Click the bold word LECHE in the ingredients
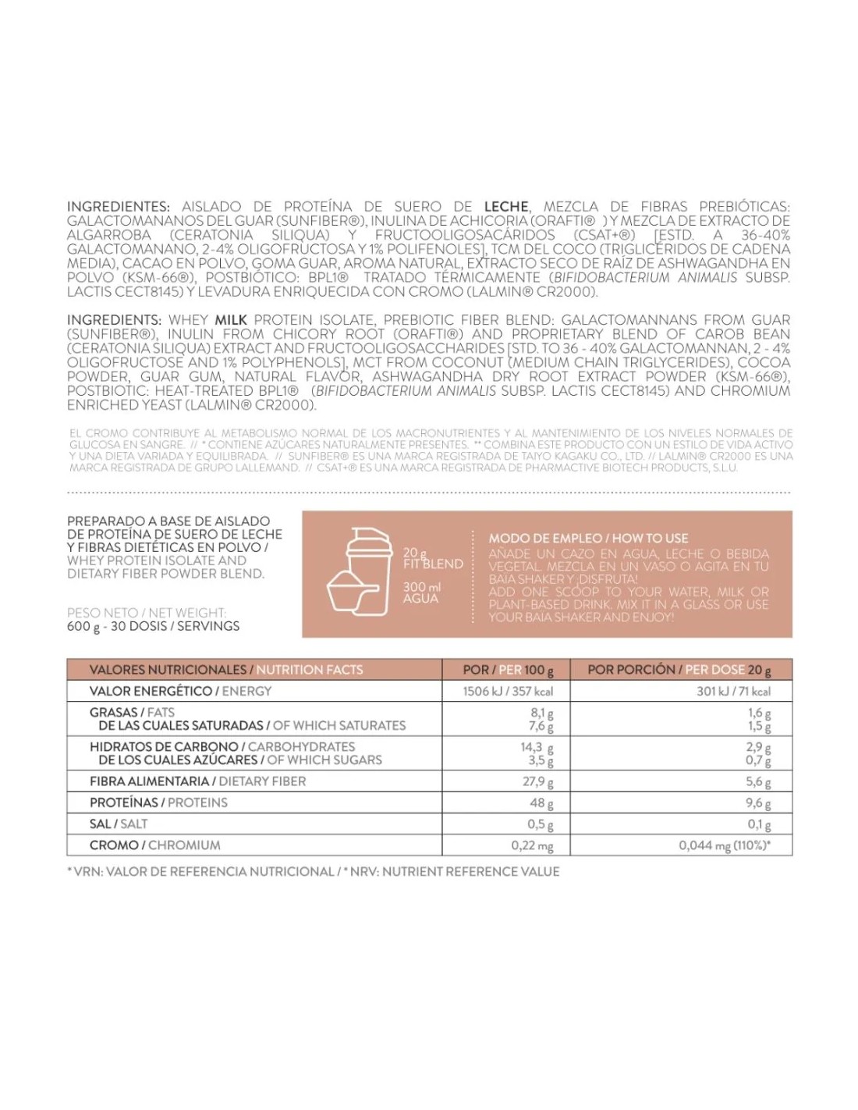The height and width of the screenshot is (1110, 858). coord(506,207)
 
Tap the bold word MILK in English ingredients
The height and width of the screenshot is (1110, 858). coord(231,320)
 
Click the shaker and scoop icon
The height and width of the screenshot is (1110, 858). coord(359,571)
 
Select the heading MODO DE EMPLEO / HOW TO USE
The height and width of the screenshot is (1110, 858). coord(588,538)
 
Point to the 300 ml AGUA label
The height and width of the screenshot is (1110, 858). coord(421,592)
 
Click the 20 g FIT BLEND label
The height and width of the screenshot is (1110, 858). coord(432,558)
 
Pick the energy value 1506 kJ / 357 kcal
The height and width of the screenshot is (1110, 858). coord(508,691)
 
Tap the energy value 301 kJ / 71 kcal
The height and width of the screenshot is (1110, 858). coord(733,691)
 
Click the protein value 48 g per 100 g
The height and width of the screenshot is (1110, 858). coord(541,802)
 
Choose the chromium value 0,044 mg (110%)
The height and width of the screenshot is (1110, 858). coord(725,845)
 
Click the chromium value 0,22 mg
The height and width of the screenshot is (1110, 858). coord(532,845)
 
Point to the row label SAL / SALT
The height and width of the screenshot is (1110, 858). coord(119,824)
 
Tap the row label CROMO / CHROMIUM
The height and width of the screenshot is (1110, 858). coord(155,845)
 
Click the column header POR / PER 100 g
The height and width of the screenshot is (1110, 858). coord(508,670)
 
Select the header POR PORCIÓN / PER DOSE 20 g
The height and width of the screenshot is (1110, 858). coord(679,670)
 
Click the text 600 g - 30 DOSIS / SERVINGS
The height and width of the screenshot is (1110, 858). coord(154,626)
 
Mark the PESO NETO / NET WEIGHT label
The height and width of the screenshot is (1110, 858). coord(147,613)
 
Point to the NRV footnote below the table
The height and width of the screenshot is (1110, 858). coord(314,871)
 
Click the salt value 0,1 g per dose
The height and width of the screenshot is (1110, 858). coord(759,824)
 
